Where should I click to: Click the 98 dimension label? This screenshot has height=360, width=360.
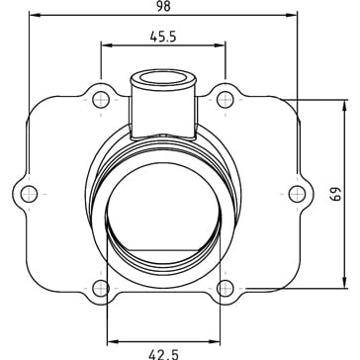163,6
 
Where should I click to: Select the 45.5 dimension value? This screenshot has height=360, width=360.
163,37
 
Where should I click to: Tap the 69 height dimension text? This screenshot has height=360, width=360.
335,195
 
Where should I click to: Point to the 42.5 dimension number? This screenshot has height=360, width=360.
163,354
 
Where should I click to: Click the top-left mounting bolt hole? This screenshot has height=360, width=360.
101,100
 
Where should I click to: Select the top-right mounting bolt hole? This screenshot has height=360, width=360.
225,100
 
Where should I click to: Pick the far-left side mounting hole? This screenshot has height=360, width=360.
29,194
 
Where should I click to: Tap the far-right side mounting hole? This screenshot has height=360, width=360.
297,194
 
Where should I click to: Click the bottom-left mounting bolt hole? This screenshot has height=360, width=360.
101,289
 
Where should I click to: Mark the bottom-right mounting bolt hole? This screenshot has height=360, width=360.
225,289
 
